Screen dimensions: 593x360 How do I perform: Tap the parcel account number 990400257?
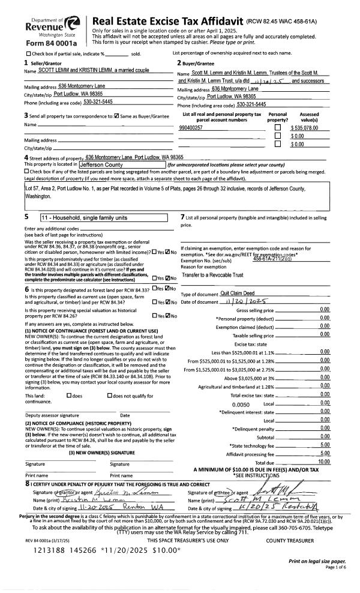pos(191,127)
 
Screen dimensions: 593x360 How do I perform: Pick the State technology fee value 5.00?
pos(325,445)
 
